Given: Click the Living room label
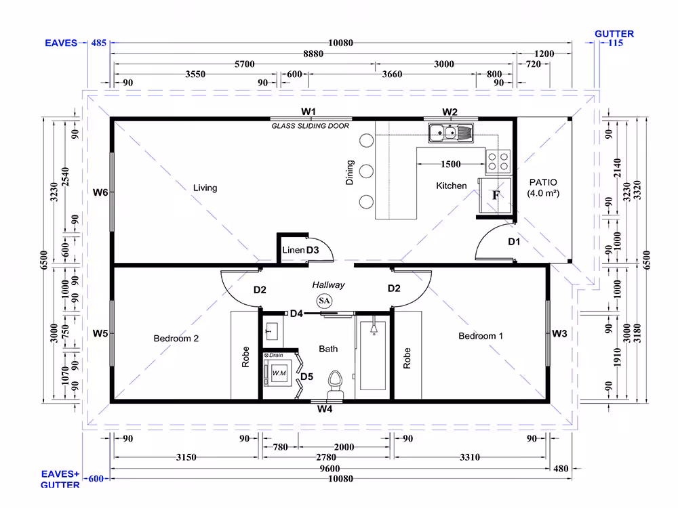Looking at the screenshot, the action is point(205,188).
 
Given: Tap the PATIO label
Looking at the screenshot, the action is point(543,182).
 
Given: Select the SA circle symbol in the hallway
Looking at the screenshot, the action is point(324,301).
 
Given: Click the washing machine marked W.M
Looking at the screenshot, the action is point(279,373).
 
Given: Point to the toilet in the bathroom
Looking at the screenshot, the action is point(335,385).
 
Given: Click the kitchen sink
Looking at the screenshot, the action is point(451,133).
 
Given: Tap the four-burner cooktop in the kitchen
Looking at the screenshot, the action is point(498,162).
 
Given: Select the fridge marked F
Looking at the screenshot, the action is point(496,195).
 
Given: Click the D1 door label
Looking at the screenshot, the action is point(514,242).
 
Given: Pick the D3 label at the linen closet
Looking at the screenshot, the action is point(312,250).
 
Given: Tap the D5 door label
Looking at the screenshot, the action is point(306,377).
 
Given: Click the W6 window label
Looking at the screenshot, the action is point(100,192).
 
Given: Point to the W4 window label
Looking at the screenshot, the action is point(325,408).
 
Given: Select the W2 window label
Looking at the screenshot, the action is point(450,112).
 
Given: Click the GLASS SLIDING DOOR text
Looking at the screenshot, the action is point(310,126).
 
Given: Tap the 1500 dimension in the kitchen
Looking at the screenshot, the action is point(451,164).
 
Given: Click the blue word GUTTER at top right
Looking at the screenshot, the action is point(614,34).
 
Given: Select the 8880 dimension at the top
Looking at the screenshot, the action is point(313,54).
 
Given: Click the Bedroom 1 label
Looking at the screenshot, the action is point(481,336).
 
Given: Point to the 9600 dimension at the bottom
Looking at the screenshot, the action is point(330,469).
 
